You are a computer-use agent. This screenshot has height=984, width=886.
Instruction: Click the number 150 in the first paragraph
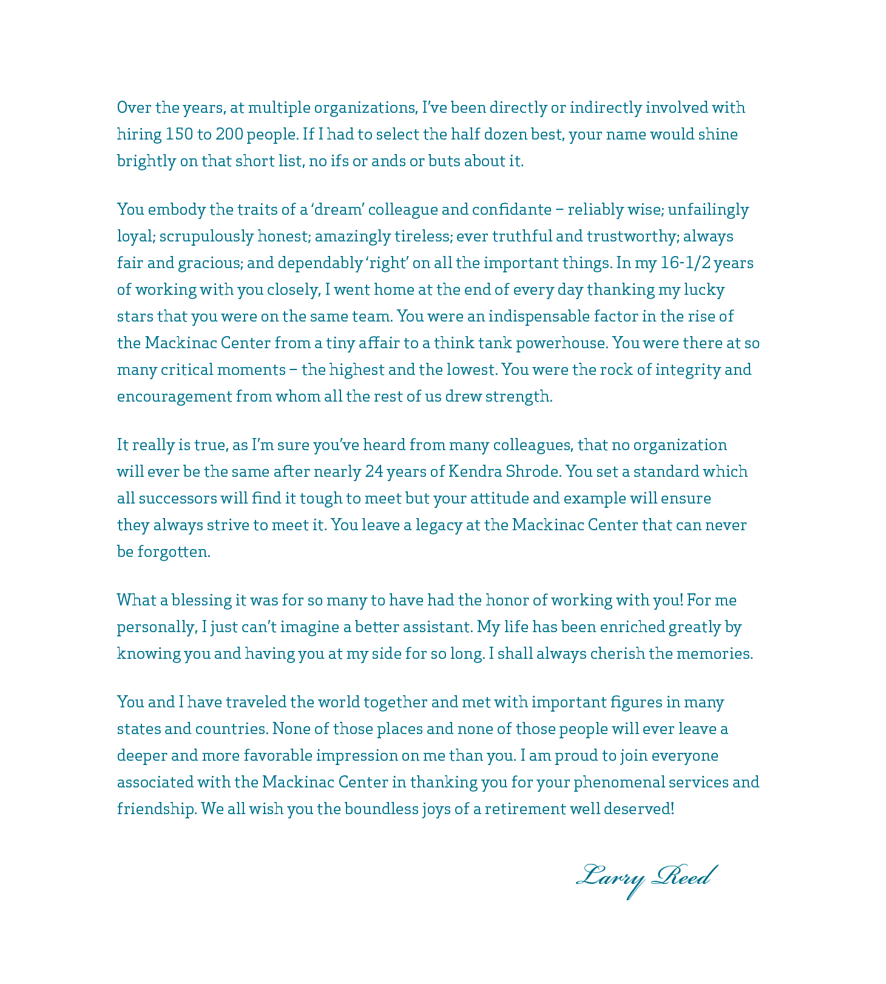click(178, 134)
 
